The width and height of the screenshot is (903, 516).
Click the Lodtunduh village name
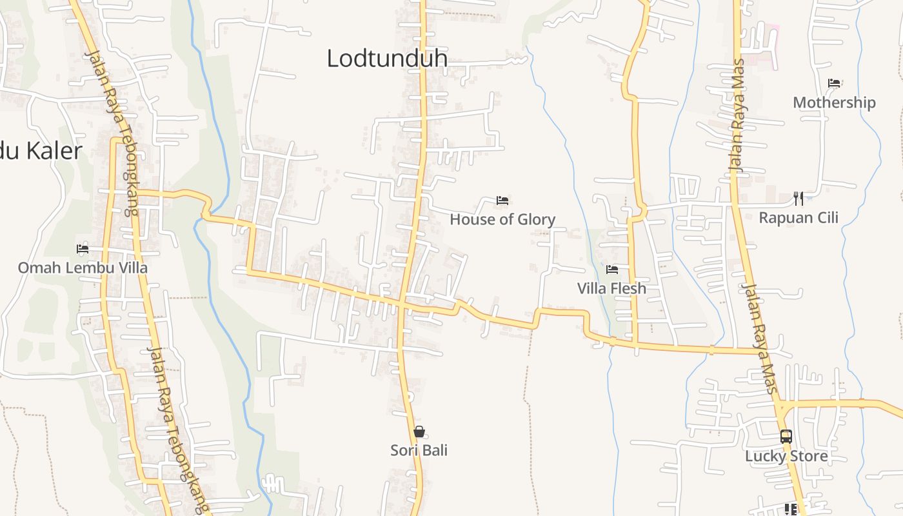point(387,58)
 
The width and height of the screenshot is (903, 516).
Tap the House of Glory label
point(502,219)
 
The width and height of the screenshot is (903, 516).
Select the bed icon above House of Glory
point(502,201)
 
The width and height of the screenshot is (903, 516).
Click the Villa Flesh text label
point(611,288)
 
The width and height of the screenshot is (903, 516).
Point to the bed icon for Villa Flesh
point(612,269)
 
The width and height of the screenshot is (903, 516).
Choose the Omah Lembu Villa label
point(83,267)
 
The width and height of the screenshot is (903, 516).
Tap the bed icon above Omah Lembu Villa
point(83,248)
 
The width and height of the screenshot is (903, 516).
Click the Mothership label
point(834,103)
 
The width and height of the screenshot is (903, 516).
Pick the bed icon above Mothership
point(834,83)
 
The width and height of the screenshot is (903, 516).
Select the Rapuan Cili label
point(799,218)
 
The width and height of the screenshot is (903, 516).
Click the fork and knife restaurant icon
point(799,198)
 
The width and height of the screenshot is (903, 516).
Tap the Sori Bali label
point(419,450)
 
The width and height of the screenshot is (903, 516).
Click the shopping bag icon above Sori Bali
point(419,432)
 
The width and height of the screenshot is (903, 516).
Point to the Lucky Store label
point(786,456)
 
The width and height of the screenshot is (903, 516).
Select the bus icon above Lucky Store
point(786,437)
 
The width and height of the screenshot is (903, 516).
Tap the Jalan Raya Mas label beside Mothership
point(737,115)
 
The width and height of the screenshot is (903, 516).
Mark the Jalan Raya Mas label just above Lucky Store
point(759,338)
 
